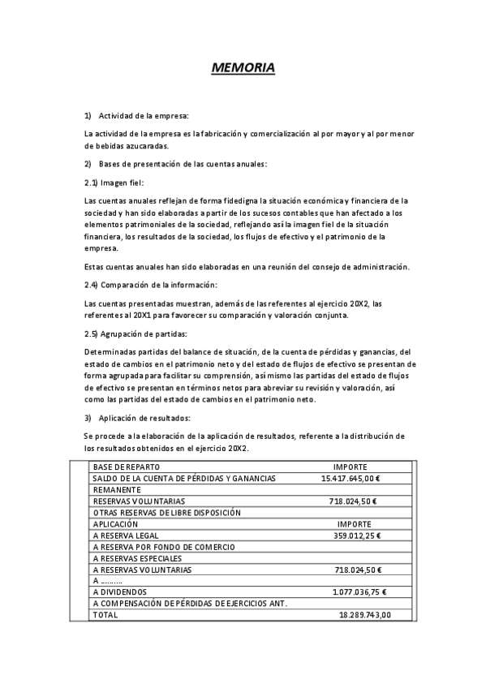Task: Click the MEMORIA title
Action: pos(243,68)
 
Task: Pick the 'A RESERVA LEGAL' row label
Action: pos(126,535)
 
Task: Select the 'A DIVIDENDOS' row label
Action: pos(121,592)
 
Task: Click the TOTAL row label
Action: pos(105,615)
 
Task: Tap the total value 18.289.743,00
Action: pos(364,615)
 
